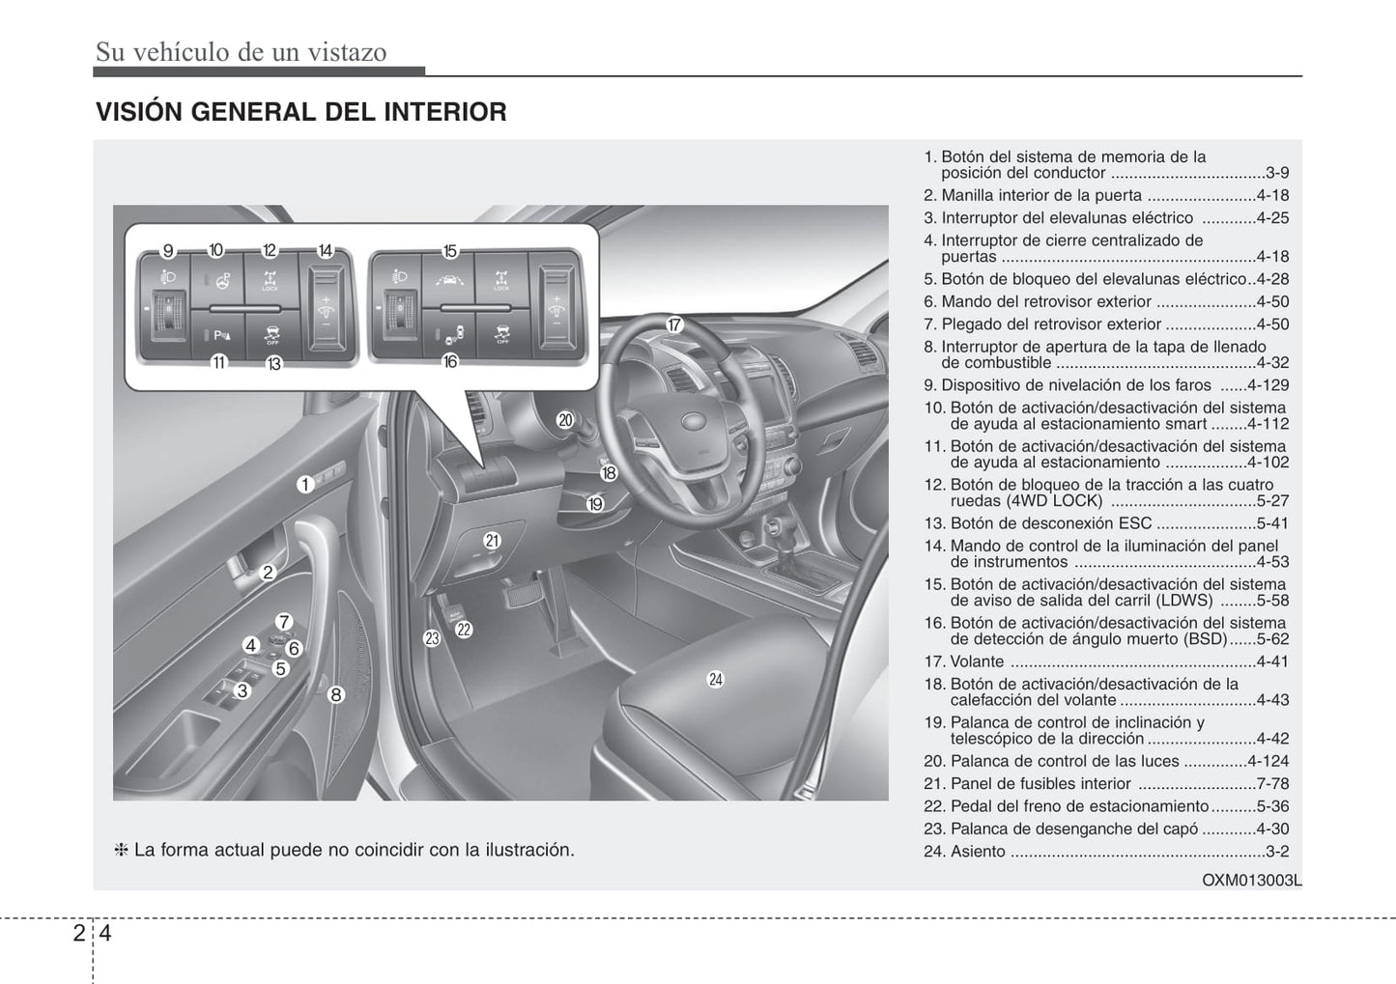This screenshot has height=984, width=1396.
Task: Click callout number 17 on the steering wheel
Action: coord(674,325)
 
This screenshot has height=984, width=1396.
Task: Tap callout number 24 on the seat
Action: coord(715,679)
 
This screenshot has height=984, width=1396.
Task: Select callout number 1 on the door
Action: coord(304,485)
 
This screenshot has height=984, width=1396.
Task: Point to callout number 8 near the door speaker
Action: coord(335,693)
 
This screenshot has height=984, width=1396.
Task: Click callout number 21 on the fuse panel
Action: coord(492,541)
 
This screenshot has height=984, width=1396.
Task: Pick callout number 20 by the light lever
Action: coord(565,420)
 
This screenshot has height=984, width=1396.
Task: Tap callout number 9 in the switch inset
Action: coord(167,251)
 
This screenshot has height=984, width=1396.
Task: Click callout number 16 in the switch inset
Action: coord(449,362)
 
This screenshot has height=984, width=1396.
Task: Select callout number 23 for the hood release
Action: coord(432,638)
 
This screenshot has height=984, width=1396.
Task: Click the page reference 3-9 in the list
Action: coord(1276,174)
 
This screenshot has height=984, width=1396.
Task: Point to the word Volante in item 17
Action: coord(977,662)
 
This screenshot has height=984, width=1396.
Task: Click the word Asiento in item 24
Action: coord(978,852)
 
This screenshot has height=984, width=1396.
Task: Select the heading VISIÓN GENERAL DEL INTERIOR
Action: coord(301,112)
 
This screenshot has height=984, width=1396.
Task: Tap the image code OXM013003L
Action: coord(1251,881)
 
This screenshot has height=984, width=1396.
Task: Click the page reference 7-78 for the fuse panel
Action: coord(1272,784)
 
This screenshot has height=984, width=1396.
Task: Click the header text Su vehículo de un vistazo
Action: coord(241,51)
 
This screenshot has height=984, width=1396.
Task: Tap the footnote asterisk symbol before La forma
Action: coord(122,851)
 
